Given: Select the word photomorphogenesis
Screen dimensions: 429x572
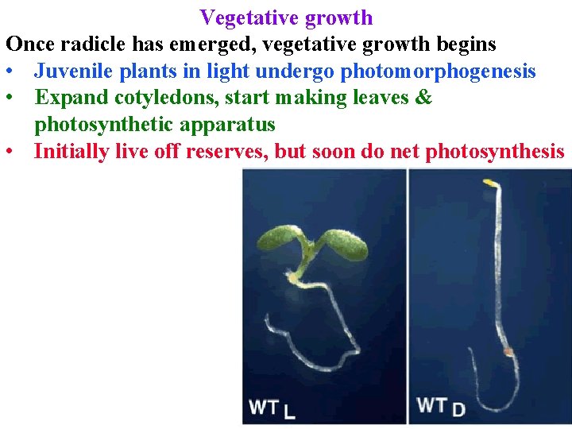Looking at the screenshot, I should [438, 71].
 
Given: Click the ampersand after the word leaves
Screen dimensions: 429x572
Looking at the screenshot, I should [424, 99].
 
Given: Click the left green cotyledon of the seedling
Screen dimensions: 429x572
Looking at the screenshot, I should [282, 238].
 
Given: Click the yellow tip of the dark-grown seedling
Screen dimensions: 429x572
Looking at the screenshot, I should [490, 184].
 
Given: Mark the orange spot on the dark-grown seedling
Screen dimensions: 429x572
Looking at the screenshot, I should [507, 350].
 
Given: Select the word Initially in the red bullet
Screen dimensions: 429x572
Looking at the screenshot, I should [71, 151].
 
